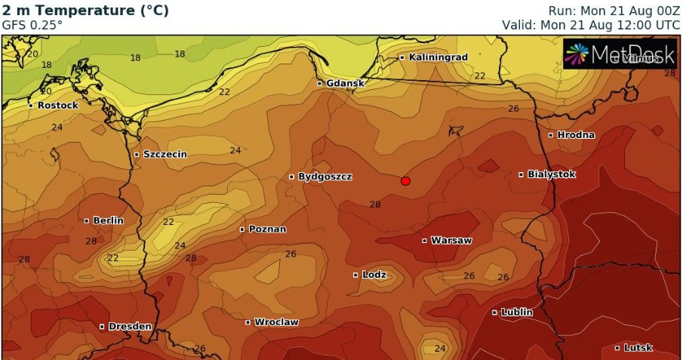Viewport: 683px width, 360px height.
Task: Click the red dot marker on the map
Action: [x=405, y=181]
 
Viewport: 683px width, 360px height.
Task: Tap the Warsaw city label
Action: [x=451, y=241]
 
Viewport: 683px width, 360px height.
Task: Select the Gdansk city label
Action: [x=346, y=84]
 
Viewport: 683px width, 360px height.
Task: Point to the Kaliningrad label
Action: [x=438, y=57]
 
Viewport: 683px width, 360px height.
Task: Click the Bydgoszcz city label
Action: [x=325, y=177]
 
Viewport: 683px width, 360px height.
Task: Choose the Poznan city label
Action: [x=267, y=229]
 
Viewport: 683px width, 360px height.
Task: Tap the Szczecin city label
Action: [x=165, y=155]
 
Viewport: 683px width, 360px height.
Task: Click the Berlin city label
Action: [x=108, y=221]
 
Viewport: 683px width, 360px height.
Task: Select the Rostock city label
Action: [x=57, y=106]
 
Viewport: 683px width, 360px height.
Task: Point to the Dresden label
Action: [x=130, y=327]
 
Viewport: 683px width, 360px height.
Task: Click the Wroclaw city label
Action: [x=276, y=322]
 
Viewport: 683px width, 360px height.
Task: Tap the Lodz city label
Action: [x=374, y=275]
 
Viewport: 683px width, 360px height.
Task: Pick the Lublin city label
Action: [x=517, y=312]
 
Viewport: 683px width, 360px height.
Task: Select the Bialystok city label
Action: [x=551, y=174]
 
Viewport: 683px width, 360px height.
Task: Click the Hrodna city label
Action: [x=576, y=135]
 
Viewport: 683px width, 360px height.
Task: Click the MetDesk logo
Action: [x=620, y=54]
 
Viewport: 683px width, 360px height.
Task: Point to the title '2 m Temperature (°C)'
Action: [x=85, y=11]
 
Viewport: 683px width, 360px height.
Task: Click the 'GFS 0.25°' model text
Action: [x=32, y=25]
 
